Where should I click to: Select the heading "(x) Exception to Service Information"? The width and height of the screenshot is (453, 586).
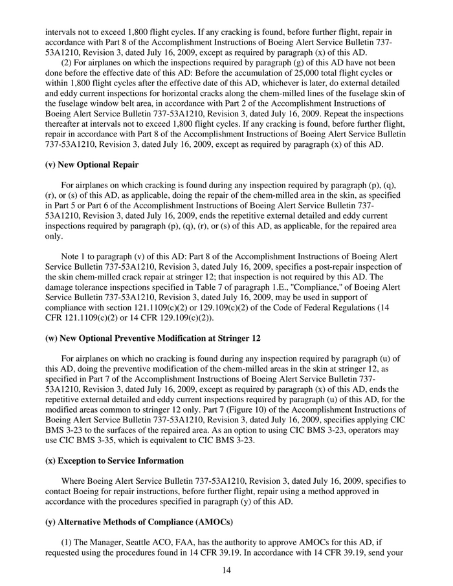click(x=115, y=461)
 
